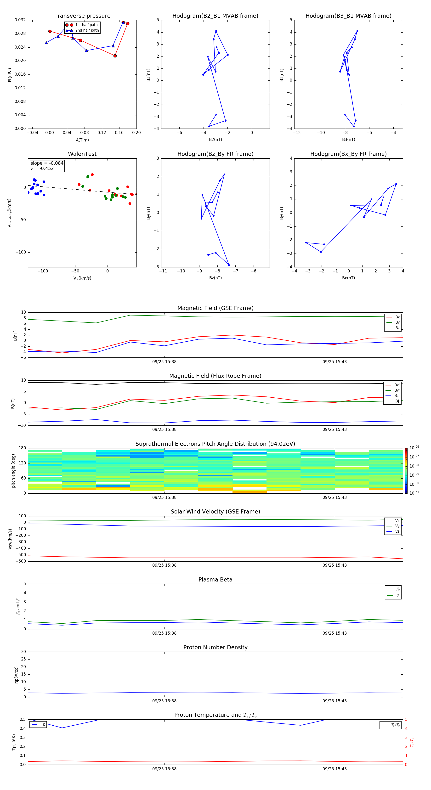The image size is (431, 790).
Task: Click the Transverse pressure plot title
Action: pos(82,16)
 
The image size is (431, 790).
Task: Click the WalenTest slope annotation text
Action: pos(47,163)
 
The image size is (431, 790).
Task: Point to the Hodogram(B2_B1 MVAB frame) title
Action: pos(215,16)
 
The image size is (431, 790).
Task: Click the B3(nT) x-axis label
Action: pos(348,140)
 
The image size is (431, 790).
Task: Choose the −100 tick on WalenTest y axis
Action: pos(21,252)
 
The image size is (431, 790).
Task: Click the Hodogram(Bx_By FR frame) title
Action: pos(348,154)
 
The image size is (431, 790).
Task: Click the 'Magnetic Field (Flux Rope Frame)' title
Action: pos(215,376)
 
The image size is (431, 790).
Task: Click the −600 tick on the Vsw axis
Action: pos(21,561)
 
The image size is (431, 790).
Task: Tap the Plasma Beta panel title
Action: pos(215,580)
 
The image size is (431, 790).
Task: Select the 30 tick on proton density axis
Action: pos(23,652)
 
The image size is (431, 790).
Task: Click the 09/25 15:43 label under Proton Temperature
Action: pos(334,769)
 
